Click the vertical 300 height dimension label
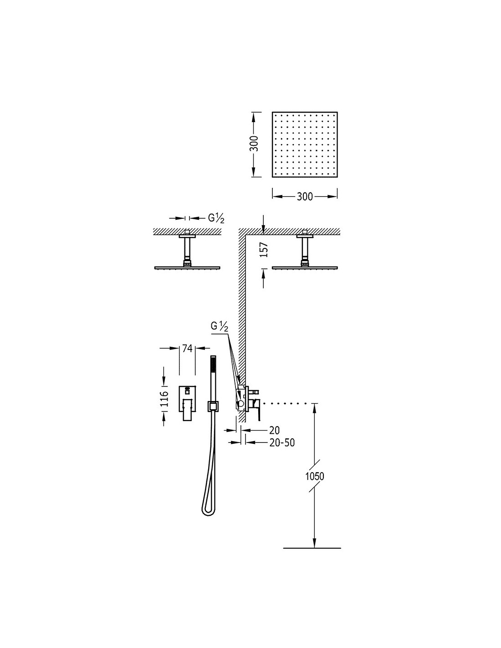coord(254,144)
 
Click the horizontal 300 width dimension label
coord(305,197)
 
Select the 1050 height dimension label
coord(315,476)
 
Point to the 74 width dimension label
coord(187,348)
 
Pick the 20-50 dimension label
coord(282,443)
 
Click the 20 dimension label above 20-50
coord(275,430)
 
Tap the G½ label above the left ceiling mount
coord(216,219)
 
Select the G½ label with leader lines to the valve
coord(220,327)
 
